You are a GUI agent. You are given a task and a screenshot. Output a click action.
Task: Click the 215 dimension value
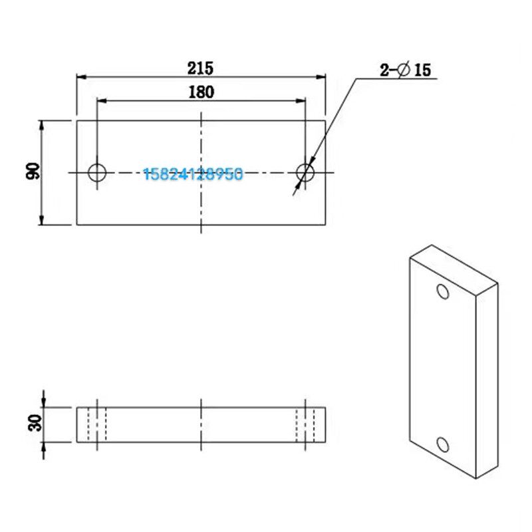coord(201,68)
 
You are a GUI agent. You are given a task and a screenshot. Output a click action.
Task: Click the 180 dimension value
coord(201,92)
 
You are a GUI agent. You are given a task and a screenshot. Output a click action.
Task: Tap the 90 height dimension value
coord(33,171)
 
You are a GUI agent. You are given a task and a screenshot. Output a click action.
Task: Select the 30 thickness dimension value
coord(35,423)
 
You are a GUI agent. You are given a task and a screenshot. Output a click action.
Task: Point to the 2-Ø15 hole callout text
coord(405,70)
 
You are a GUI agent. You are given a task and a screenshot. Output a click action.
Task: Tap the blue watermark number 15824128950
coord(193,174)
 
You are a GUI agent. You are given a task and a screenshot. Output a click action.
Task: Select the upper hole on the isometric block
coord(443,291)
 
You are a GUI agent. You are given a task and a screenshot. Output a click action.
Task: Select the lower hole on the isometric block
coord(443,444)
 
